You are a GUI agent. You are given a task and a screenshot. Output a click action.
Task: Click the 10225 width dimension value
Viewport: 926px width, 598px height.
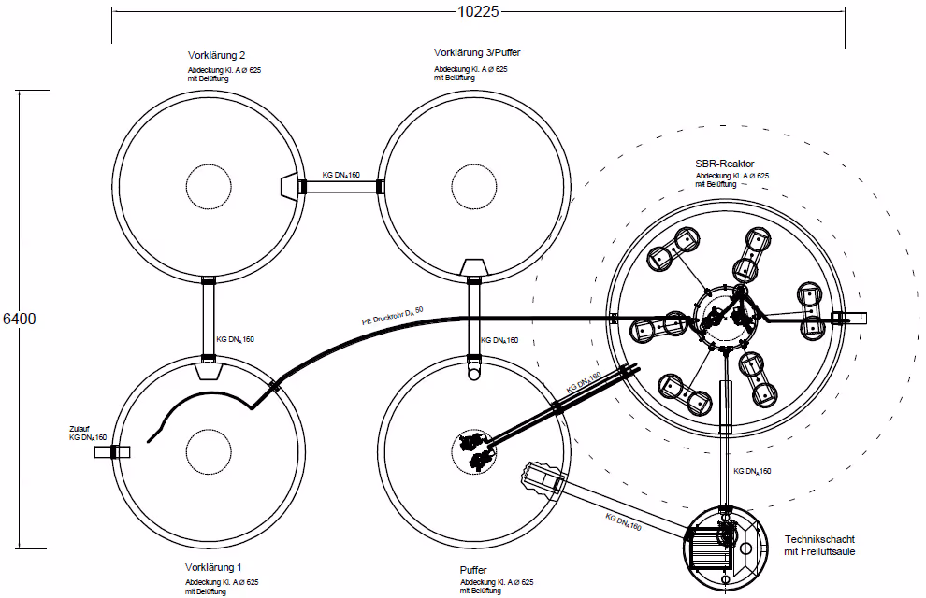click(x=478, y=11)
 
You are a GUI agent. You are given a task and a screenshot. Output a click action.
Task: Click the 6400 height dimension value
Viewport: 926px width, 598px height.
click(x=20, y=319)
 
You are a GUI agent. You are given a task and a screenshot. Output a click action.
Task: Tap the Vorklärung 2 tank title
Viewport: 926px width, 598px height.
click(x=216, y=55)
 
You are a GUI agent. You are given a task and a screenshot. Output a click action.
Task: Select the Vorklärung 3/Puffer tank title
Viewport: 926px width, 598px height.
click(x=477, y=52)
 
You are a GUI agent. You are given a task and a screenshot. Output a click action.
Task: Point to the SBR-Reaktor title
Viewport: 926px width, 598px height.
click(x=725, y=164)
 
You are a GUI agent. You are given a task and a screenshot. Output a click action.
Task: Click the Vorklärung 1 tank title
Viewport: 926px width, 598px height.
click(x=213, y=567)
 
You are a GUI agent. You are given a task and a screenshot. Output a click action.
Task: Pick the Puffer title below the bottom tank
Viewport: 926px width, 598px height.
click(x=473, y=570)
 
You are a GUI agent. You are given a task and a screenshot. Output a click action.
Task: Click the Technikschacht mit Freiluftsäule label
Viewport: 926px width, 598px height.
click(x=819, y=546)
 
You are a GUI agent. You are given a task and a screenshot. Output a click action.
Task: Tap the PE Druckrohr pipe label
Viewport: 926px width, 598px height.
click(x=393, y=316)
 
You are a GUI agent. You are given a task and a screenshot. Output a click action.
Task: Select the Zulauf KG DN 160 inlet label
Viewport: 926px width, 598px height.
click(x=88, y=434)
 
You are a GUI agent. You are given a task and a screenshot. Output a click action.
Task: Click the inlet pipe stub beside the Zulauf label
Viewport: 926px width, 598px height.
click(x=112, y=452)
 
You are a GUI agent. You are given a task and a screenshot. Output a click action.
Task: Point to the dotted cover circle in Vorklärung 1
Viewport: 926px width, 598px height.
click(x=209, y=452)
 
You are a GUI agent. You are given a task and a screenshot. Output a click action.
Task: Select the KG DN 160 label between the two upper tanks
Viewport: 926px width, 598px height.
click(x=340, y=175)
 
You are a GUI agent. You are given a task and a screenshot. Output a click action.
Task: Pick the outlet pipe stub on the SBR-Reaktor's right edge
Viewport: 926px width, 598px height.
click(x=849, y=319)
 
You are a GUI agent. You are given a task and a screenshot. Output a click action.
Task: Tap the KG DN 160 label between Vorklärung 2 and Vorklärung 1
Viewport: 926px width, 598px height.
click(x=235, y=340)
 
